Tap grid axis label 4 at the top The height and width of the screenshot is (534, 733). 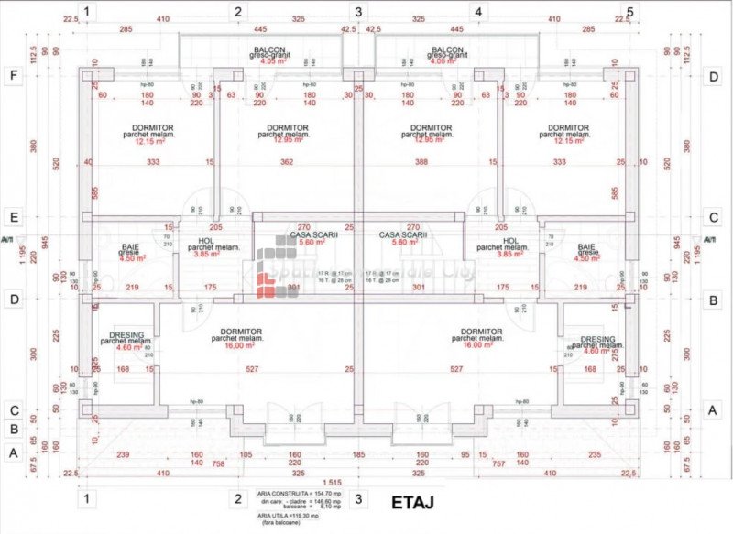click(477, 12)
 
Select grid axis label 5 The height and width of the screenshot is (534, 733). click(629, 12)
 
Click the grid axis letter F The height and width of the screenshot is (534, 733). click(13, 76)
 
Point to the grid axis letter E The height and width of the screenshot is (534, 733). click(13, 218)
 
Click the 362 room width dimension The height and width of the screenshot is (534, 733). click(287, 162)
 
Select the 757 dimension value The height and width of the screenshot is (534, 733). click(498, 463)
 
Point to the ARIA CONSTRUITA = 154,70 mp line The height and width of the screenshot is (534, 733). click(290, 493)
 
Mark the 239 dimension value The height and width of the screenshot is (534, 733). click(124, 454)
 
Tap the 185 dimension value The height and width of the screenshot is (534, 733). click(358, 454)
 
